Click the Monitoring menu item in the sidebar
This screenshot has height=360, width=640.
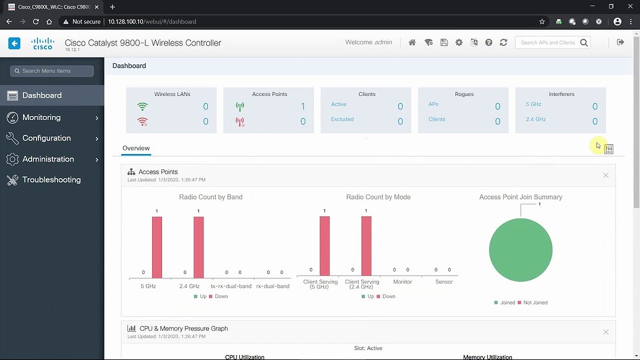41,118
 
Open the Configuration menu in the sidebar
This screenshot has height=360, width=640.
46,138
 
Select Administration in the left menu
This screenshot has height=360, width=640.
48,159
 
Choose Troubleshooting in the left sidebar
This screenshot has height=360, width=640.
51,180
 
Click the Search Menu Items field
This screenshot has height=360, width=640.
52,71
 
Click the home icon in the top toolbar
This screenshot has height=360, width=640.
412,43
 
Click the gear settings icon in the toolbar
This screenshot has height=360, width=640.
459,43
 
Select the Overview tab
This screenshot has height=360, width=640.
136,148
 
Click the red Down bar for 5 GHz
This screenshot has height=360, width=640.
157,247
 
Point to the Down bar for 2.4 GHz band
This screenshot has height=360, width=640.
198,247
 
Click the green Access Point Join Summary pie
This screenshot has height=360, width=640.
520,251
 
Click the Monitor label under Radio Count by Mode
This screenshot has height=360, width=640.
403,282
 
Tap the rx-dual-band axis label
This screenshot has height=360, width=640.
273,286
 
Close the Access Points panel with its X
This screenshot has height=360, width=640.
606,176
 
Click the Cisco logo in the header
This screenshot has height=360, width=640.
43,43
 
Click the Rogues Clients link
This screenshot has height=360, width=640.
437,119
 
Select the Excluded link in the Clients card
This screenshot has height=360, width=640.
342,119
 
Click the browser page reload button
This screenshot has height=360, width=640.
36,22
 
